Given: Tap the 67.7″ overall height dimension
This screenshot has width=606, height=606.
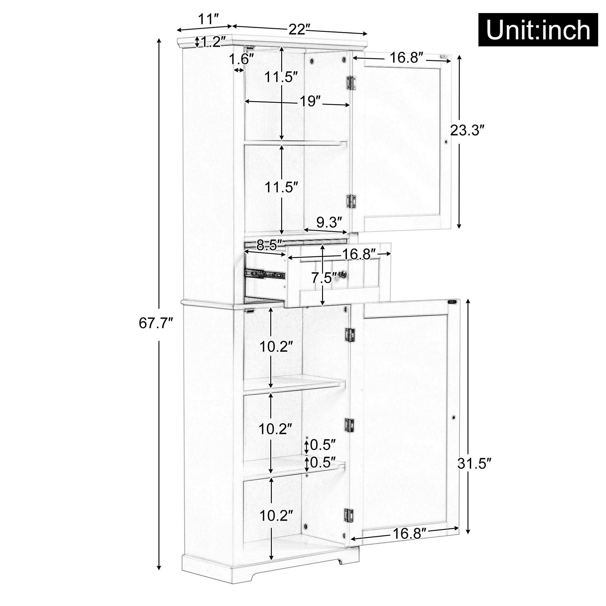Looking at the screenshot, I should coord(156,323).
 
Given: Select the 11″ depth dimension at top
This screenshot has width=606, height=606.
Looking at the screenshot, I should coord(208,20).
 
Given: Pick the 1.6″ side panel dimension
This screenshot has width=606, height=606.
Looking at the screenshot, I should coord(241,59).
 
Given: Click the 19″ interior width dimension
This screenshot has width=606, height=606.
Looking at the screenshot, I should coord(310,101).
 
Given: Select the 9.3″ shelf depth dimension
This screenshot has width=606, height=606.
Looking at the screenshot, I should coord(329,222).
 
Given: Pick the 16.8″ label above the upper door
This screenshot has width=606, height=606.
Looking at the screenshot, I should coord(406,58).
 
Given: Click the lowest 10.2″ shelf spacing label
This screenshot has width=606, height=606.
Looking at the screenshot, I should coord(276,515).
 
